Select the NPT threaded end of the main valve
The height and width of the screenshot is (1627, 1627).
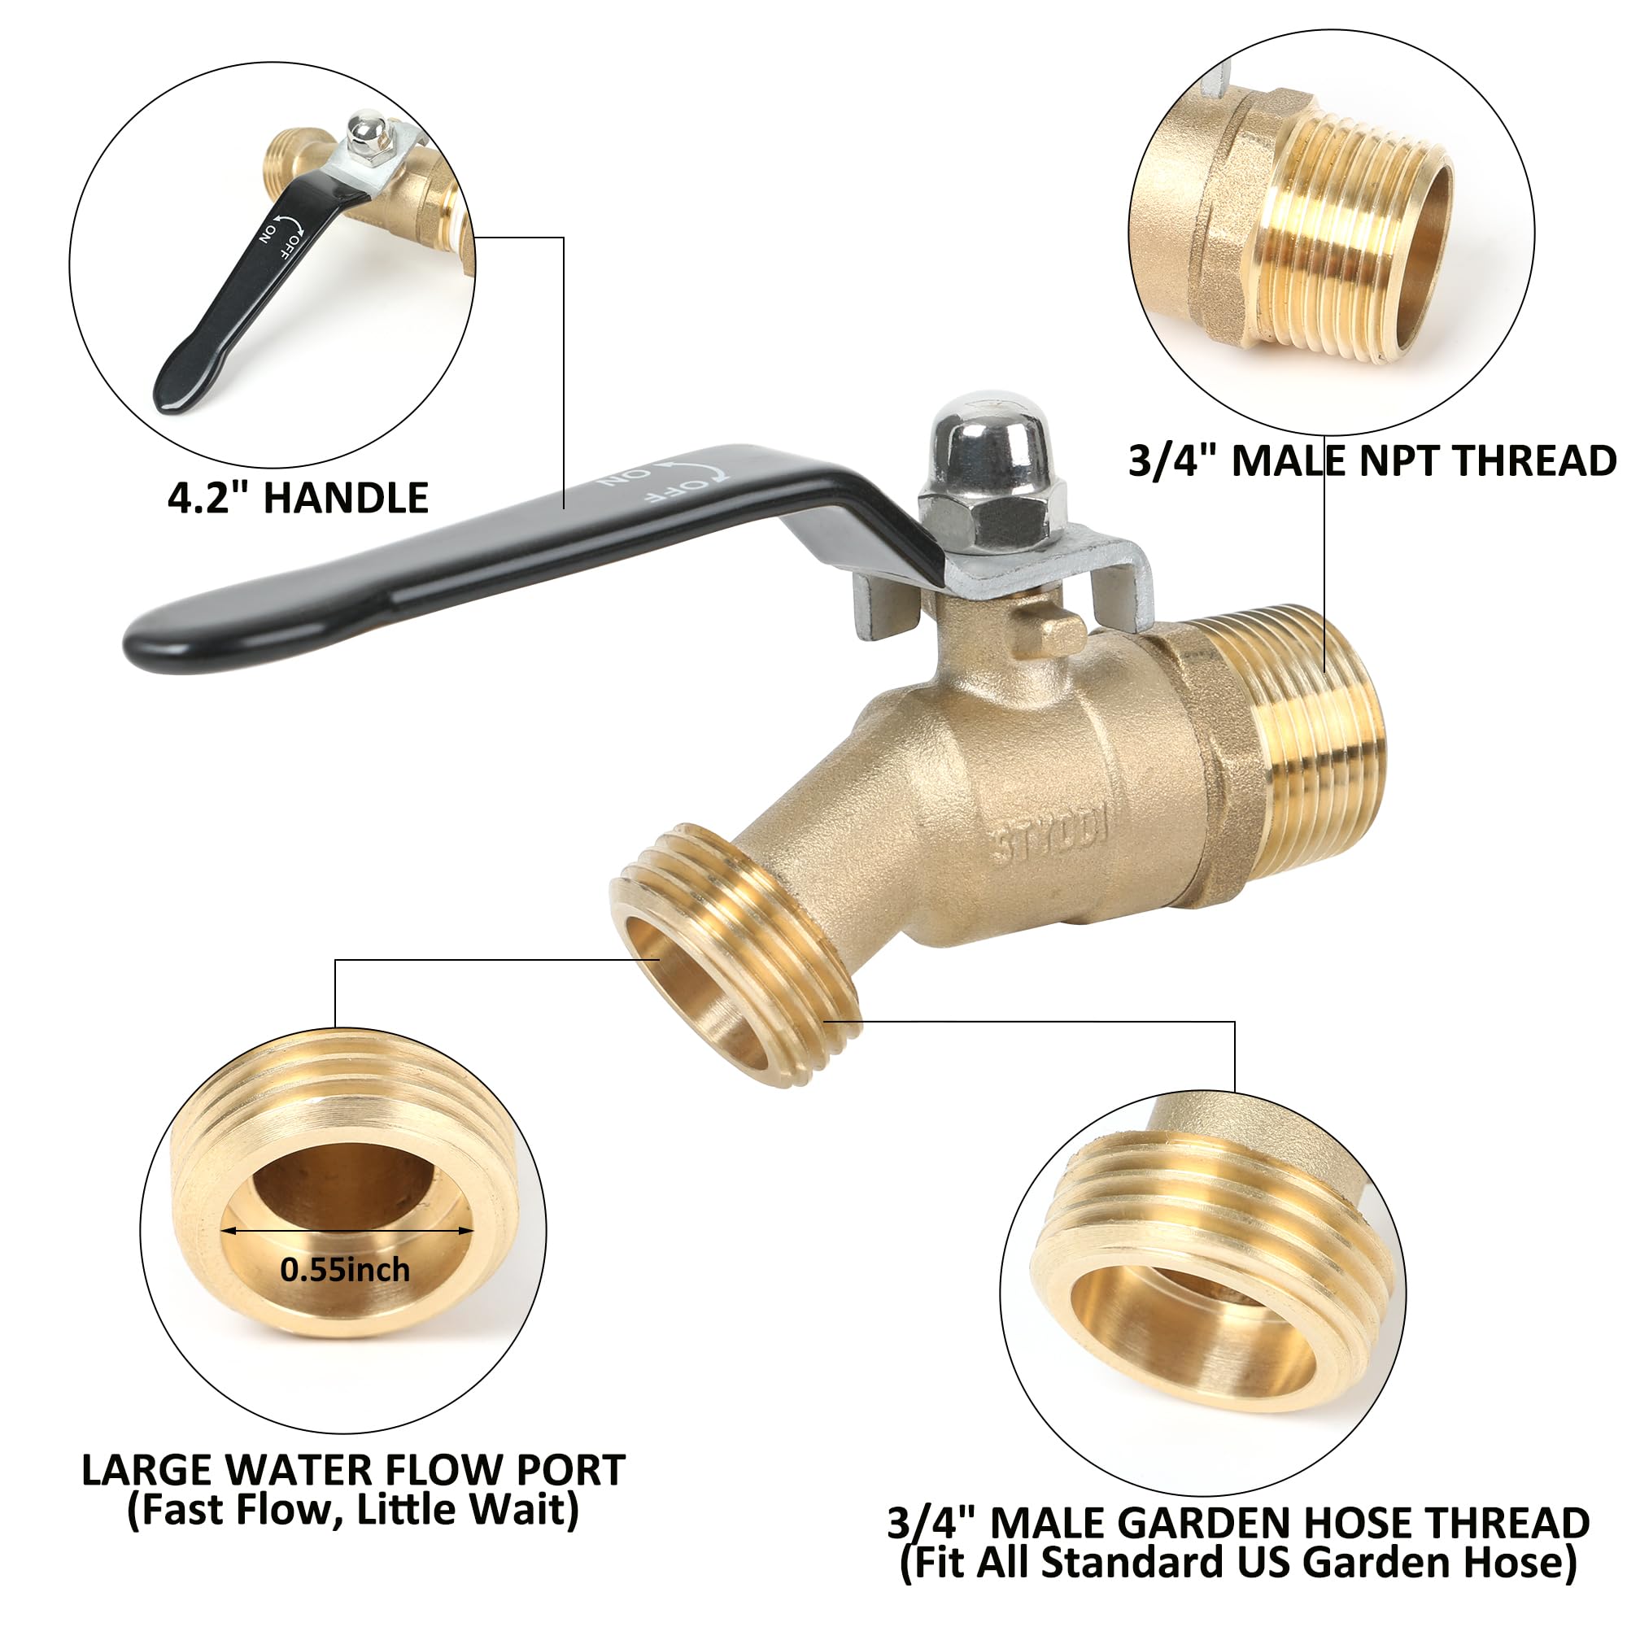point(1289,741)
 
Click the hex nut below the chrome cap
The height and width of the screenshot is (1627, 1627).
point(992,510)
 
